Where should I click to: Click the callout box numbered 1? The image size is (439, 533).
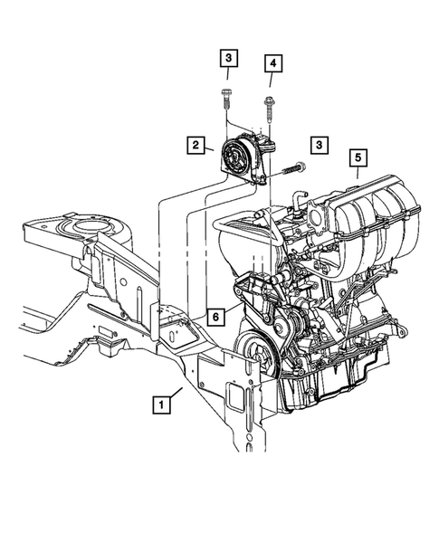tap(159, 404)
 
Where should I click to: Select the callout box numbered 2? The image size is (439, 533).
tap(194, 144)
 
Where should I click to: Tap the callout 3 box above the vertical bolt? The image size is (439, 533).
tap(228, 60)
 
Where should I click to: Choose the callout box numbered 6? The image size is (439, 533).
tap(215, 316)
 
